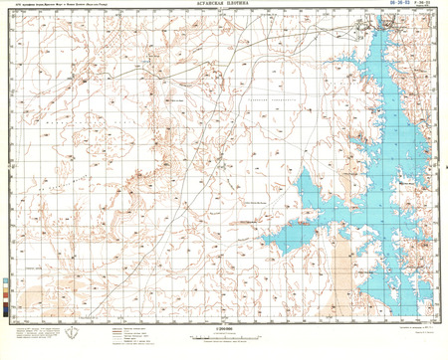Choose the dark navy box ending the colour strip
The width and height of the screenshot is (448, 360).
(9, 315)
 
